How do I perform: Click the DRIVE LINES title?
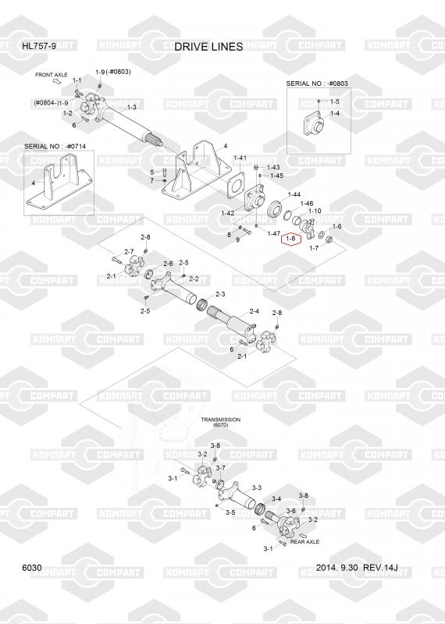[x=208, y=47]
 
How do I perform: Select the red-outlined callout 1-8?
[x=292, y=239]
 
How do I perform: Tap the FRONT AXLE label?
[x=52, y=75]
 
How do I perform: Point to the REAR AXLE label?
[x=304, y=541]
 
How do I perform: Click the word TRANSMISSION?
[x=220, y=420]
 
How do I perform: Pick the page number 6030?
[x=32, y=568]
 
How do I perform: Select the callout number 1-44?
[x=294, y=194]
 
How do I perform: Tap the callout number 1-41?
[x=240, y=158]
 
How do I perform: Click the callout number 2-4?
[x=255, y=311]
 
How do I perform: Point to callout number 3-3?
[x=257, y=487]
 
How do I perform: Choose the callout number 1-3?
[x=131, y=107]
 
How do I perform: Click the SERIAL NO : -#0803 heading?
[x=317, y=83]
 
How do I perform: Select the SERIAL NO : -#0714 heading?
[x=55, y=147]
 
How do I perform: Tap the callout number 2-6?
[x=168, y=264]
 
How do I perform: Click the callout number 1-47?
[x=274, y=233]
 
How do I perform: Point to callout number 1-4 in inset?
[x=335, y=113]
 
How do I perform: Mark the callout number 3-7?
[x=220, y=468]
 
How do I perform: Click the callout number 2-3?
[x=220, y=294]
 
